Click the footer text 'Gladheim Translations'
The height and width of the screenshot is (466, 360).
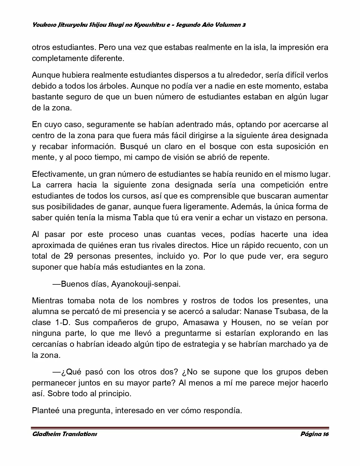click(x=64, y=434)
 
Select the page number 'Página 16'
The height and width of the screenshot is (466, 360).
click(x=315, y=434)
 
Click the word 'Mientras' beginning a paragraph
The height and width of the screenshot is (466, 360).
click(x=47, y=300)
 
